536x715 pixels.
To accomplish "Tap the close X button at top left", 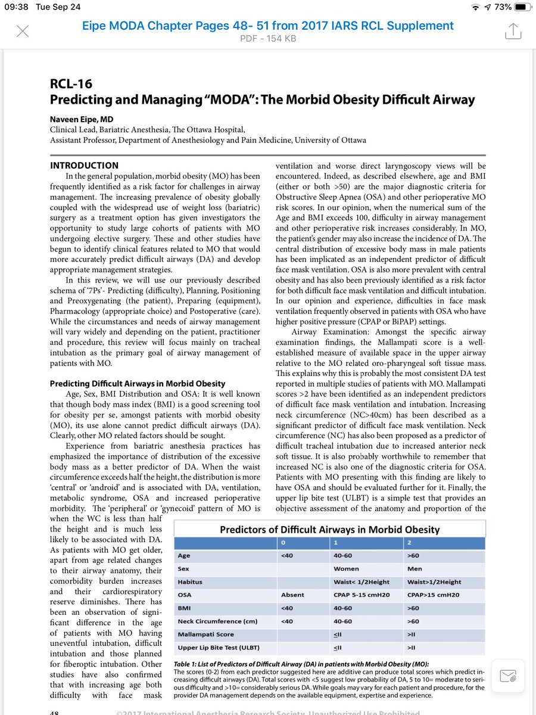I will (22, 31).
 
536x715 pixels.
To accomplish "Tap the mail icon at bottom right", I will (507, 676).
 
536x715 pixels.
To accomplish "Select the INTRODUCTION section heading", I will (84, 165).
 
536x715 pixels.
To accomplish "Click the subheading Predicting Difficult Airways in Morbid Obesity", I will (138, 383).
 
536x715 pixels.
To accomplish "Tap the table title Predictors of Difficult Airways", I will (329, 529).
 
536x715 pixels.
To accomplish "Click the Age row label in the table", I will (184, 556).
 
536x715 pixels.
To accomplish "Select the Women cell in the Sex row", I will (346, 569).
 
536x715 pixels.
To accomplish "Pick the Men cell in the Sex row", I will (415, 569).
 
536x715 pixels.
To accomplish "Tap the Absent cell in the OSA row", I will (292, 595).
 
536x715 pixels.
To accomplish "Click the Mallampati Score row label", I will (205, 635).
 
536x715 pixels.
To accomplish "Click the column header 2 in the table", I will (409, 543).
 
